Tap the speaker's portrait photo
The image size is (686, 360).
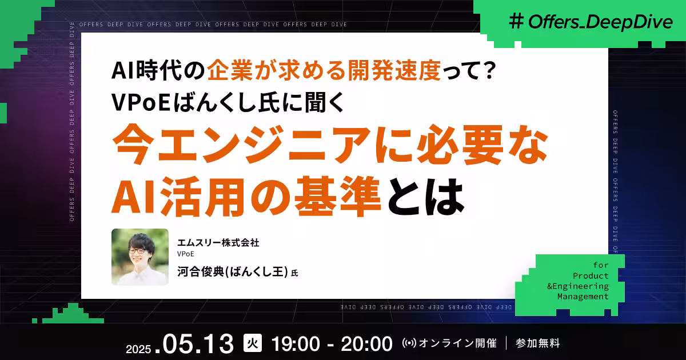coord(140,257)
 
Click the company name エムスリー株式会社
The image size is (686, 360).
coord(218,243)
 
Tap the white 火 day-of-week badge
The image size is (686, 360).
coord(252,343)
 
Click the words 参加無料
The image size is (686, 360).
coord(537,343)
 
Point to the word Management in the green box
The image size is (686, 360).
coord(583,297)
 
